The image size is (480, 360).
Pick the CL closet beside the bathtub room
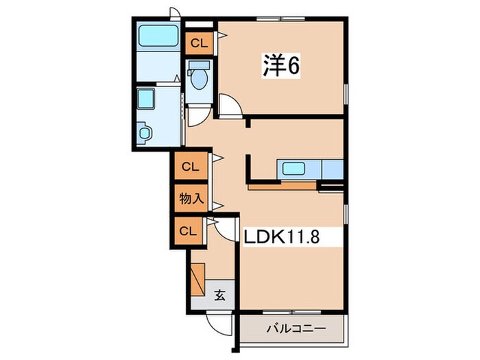pos(199,43)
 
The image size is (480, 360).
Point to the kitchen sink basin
pos(296,168)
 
